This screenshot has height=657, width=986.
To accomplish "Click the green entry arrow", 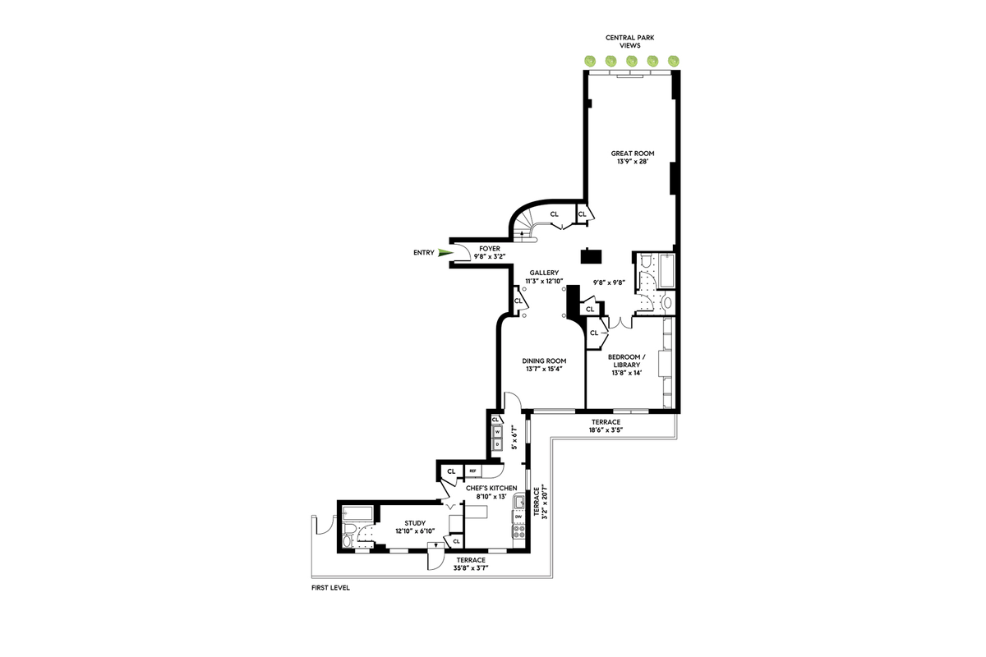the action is pyautogui.click(x=446, y=253).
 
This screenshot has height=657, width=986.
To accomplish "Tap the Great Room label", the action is pyautogui.click(x=633, y=157).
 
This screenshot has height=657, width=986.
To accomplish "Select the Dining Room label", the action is pyautogui.click(x=544, y=365).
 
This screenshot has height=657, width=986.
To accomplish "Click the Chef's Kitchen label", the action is pyautogui.click(x=491, y=493).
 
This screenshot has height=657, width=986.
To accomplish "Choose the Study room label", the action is pyautogui.click(x=415, y=527).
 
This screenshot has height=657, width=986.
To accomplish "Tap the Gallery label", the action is pyautogui.click(x=544, y=277).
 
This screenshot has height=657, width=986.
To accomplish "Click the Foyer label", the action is pyautogui.click(x=490, y=253).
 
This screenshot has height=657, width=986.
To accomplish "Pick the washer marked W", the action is pyautogui.click(x=498, y=431).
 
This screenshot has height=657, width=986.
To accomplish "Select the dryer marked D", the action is pyautogui.click(x=498, y=444).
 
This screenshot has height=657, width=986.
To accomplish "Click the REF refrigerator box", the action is pyautogui.click(x=472, y=471).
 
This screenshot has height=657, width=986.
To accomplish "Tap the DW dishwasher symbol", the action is pyautogui.click(x=518, y=517).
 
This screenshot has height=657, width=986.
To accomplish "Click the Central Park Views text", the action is pyautogui.click(x=630, y=41).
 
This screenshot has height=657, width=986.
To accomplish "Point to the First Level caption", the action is pyautogui.click(x=330, y=587).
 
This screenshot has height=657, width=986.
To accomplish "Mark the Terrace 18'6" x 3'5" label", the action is pyautogui.click(x=606, y=426).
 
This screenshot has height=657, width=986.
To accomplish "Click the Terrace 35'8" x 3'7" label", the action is pyautogui.click(x=471, y=563).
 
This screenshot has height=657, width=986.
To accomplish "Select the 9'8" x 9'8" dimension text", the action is pyautogui.click(x=609, y=283).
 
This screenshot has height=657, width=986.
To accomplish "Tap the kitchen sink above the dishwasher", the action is pyautogui.click(x=519, y=501).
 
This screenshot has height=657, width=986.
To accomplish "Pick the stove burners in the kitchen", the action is pyautogui.click(x=519, y=532).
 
